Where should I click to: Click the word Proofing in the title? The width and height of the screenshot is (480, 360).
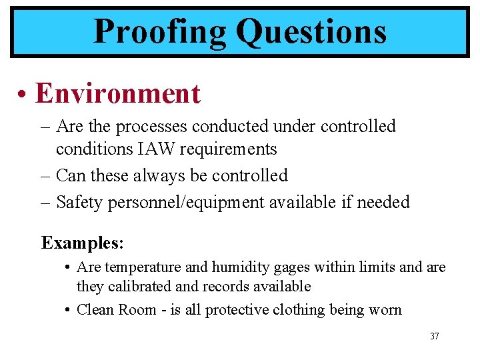point(160,31)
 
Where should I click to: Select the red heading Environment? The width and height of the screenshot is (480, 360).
point(117,93)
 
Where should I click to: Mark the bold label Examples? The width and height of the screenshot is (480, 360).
point(83,243)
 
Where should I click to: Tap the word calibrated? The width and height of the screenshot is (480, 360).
point(137,287)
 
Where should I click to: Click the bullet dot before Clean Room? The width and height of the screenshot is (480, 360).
point(69,310)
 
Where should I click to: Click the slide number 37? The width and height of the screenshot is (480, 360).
point(435,336)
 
